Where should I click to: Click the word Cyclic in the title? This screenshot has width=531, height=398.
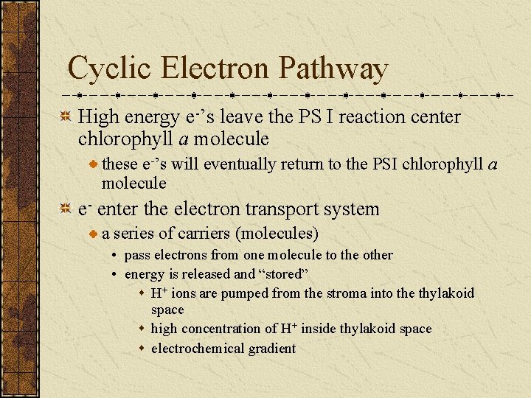(111, 69)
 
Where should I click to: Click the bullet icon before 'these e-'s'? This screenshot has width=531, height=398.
(93, 164)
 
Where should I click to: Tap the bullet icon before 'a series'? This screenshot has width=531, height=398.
(93, 234)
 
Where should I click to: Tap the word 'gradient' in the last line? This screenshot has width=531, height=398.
(272, 349)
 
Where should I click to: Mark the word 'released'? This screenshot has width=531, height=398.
(206, 274)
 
